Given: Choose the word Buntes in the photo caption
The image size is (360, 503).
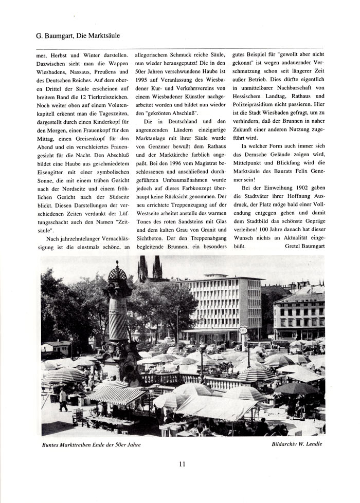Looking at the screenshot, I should tap(53, 444).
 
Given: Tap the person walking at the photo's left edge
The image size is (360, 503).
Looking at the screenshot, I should tap(63, 399).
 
